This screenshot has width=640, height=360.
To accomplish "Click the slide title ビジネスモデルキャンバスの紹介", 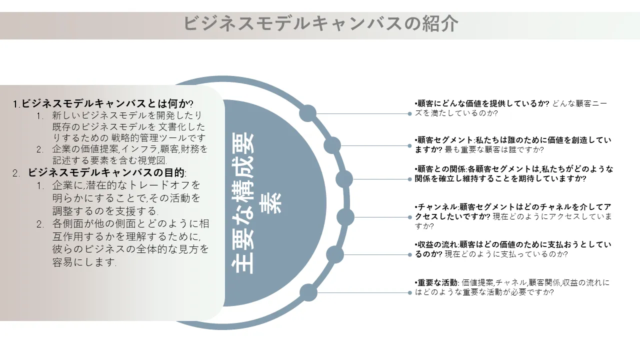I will click(x=320, y=23).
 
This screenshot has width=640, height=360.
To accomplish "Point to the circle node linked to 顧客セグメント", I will click(x=332, y=145).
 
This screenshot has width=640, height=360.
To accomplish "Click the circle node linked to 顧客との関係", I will click(x=344, y=178).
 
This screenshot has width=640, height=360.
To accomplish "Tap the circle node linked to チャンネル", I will click(x=345, y=217).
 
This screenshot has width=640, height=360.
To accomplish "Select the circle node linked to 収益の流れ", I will click(x=335, y=254).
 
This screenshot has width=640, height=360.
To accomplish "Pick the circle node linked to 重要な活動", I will click(x=308, y=292).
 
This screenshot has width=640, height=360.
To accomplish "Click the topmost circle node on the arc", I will click(x=308, y=113).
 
